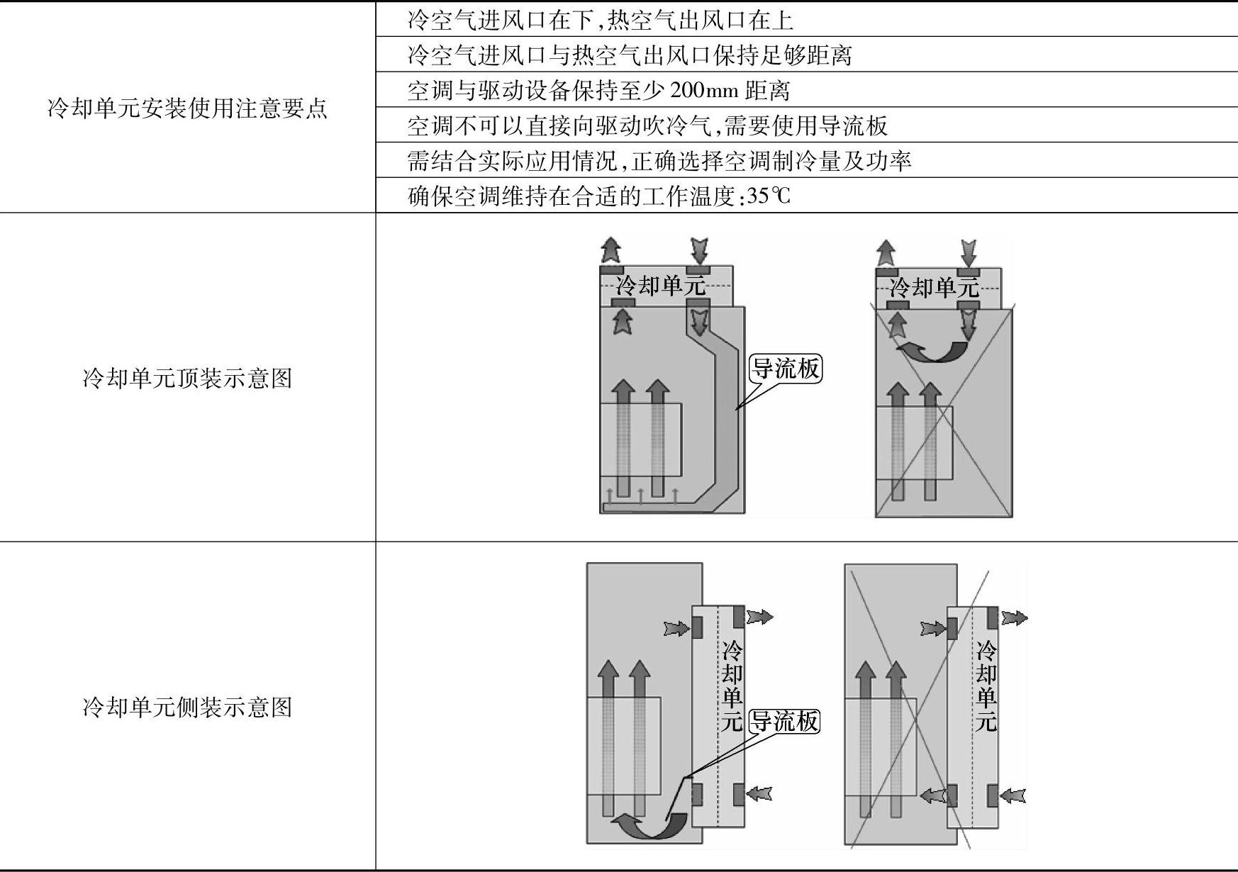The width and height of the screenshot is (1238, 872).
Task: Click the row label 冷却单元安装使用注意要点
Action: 187,108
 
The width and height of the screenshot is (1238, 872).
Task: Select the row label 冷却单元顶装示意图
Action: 187,379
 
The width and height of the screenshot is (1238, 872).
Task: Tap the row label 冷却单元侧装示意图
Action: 187,707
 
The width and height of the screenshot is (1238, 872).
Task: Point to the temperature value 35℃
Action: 769,196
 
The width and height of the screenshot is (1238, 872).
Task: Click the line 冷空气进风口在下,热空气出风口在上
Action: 600,20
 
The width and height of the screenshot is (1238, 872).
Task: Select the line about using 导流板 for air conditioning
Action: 647,126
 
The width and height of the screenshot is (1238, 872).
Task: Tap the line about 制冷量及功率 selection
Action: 659,162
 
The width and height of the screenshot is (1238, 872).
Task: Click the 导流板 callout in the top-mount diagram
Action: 786,369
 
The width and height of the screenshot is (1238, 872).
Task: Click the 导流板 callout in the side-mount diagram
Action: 784,722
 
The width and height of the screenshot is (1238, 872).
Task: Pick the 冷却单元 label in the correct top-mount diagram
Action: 660,286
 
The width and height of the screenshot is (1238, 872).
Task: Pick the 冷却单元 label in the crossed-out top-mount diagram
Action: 934,287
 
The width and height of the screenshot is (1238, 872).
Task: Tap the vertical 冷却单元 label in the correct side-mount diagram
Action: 732,686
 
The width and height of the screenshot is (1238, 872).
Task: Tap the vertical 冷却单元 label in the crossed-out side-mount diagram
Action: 986,686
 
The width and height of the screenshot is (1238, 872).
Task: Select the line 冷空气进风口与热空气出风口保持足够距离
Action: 629,55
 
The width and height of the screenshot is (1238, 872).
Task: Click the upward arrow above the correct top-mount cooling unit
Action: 610,250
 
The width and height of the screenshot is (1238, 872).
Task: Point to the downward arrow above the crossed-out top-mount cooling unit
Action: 968,252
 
